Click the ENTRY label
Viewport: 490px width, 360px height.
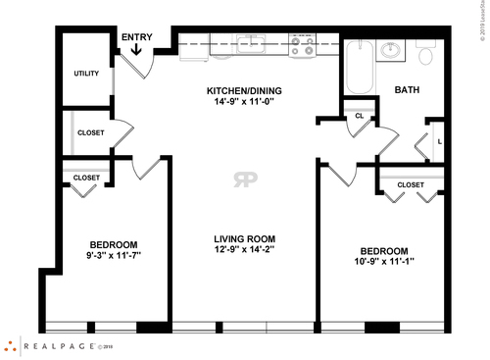click(137, 36)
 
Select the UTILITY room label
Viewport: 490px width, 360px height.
click(86, 74)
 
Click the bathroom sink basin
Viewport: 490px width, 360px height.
click(391, 49)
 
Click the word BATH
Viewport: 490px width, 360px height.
click(407, 90)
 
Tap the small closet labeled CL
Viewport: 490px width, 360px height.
click(359, 117)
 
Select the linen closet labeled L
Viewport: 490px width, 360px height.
click(439, 141)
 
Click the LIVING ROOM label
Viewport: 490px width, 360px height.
click(245, 238)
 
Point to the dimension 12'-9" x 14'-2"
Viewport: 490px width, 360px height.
click(245, 249)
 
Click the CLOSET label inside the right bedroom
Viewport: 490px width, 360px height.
click(411, 184)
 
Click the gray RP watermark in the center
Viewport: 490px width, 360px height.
click(244, 179)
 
